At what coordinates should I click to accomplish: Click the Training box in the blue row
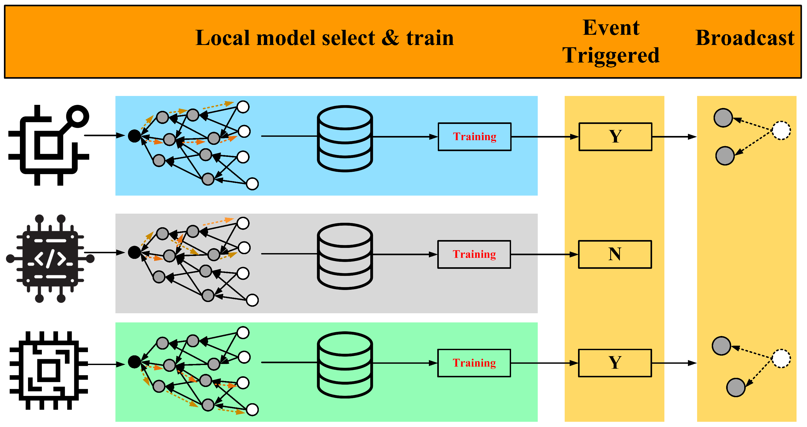click(x=474, y=137)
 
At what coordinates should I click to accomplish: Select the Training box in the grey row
click(x=474, y=254)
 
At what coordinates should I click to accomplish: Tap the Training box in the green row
click(x=474, y=363)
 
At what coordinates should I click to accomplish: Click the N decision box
click(x=615, y=254)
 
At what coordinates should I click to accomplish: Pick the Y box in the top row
click(x=615, y=137)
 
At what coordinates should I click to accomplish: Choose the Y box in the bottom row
click(x=615, y=363)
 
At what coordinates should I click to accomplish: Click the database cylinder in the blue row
click(x=345, y=138)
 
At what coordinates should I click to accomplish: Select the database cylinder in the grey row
click(x=345, y=256)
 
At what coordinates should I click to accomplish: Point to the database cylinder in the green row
click(x=345, y=365)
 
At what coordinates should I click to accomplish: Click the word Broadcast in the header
click(x=745, y=38)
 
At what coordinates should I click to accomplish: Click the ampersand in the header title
click(x=390, y=38)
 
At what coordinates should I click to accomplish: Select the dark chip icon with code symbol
click(x=50, y=259)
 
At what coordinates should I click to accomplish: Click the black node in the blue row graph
click(x=134, y=136)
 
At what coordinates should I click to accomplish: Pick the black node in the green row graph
click(x=134, y=362)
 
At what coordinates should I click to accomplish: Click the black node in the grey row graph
click(x=134, y=252)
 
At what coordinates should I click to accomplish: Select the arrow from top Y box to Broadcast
click(x=674, y=137)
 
